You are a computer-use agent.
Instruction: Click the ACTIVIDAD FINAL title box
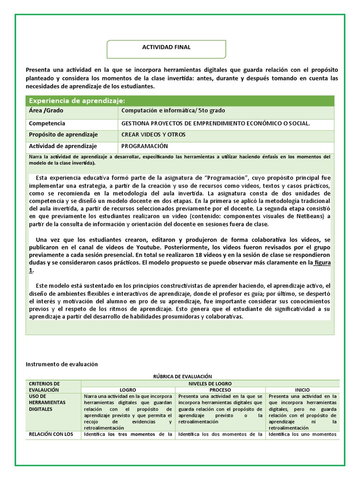pos(166,47)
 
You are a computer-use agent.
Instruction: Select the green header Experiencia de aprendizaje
pos(77,101)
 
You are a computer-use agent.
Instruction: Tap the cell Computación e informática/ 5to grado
pos(173,111)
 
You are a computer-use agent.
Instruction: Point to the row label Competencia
pos(47,123)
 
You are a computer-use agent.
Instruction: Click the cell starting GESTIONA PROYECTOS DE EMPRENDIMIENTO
pos(215,123)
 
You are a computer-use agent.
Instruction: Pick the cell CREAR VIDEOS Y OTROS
pos(153,135)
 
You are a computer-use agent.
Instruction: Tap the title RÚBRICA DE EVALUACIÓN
pos(183,376)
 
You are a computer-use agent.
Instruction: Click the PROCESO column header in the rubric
pos(220,390)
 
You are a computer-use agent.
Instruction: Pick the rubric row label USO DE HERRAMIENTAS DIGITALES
pos(47,403)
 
